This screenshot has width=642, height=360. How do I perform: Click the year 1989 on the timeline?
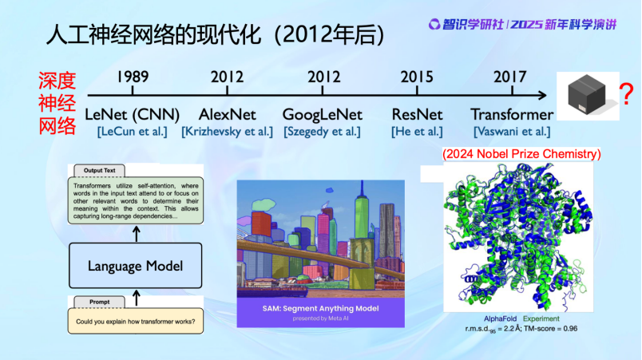pyautogui.click(x=133, y=77)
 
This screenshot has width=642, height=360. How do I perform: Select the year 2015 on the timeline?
pyautogui.click(x=416, y=77)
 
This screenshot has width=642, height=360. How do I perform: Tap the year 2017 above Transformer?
pyautogui.click(x=509, y=77)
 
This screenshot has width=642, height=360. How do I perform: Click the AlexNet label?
pyautogui.click(x=228, y=115)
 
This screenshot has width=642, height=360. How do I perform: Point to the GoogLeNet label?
pyautogui.click(x=323, y=115)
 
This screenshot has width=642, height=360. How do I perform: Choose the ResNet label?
pyautogui.click(x=417, y=115)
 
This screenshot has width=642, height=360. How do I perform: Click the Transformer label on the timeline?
pyautogui.click(x=512, y=115)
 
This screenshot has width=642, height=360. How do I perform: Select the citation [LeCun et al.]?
pyautogui.click(x=133, y=132)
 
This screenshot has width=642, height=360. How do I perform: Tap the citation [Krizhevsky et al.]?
pyautogui.click(x=228, y=132)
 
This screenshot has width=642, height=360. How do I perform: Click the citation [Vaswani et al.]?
pyautogui.click(x=512, y=132)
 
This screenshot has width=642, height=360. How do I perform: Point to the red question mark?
pyautogui.click(x=626, y=93)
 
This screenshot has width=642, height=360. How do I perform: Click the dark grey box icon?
pyautogui.click(x=586, y=94)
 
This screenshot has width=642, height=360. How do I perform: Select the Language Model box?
pyautogui.click(x=135, y=266)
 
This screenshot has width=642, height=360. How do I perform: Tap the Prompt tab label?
pyautogui.click(x=100, y=302)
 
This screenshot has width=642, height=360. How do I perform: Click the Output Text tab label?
pyautogui.click(x=100, y=171)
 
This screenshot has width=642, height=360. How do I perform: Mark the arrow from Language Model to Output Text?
pyautogui.click(x=137, y=234)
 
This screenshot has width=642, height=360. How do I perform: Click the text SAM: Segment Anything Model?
pyautogui.click(x=320, y=308)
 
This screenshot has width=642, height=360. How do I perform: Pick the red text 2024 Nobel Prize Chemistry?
pyautogui.click(x=521, y=154)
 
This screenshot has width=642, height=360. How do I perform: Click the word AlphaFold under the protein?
pyautogui.click(x=500, y=318)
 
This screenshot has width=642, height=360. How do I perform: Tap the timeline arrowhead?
pyautogui.click(x=542, y=95)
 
